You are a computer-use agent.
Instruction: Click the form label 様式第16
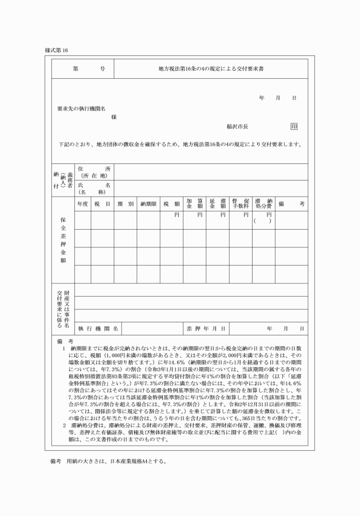point(56,50)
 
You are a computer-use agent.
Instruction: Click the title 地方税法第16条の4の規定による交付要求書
point(207,69)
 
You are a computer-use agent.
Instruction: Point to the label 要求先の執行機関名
point(81,109)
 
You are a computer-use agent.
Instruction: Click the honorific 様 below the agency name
point(114,117)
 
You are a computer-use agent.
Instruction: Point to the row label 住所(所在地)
point(94,172)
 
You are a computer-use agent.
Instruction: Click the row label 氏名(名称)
point(94,189)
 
